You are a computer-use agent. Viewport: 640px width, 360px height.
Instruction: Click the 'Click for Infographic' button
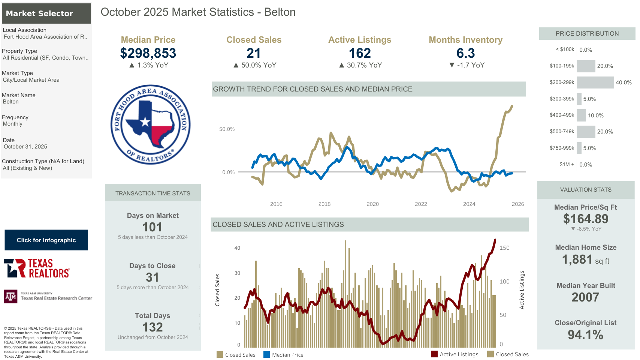[46, 240]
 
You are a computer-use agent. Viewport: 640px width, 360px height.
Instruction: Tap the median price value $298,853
[148, 53]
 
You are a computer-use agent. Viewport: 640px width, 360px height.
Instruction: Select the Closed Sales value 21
[254, 53]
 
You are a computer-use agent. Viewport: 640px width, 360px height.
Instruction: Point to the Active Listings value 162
[360, 53]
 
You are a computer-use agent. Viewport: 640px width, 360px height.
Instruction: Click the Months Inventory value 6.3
[465, 53]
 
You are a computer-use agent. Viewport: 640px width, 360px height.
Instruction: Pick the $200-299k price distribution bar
[595, 82]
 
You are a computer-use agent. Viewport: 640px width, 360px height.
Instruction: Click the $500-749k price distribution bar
[586, 132]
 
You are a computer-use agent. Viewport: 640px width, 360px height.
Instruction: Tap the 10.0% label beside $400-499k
[596, 115]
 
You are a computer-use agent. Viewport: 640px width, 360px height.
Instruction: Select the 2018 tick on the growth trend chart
[324, 204]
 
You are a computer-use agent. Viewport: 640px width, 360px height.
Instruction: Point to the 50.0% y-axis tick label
[227, 129]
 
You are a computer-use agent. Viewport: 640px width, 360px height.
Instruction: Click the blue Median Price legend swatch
[266, 354]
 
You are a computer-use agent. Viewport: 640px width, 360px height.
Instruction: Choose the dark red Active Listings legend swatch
[434, 354]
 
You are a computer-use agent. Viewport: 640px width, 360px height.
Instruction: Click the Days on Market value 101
[152, 227]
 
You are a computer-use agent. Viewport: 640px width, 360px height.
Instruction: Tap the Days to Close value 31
[152, 277]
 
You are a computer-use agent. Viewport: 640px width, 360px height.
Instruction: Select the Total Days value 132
[153, 327]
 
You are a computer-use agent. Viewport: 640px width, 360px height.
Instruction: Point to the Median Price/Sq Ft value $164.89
[586, 219]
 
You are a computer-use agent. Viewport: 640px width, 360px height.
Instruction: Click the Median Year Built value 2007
[585, 297]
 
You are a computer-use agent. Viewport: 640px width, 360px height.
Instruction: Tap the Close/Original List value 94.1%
[585, 334]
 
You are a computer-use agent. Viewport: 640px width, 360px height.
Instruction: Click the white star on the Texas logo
[145, 121]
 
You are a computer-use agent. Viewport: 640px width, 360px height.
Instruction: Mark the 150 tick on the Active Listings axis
[504, 248]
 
